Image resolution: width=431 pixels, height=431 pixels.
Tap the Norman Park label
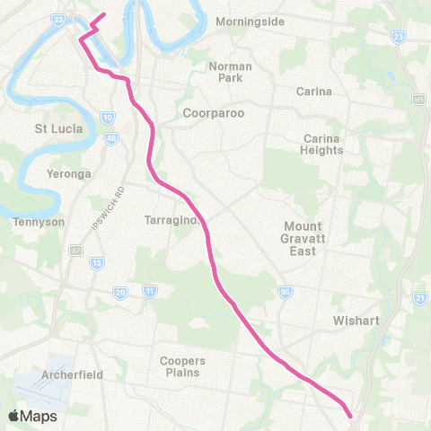coord(230,72)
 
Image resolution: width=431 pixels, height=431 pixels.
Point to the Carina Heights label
coord(322,144)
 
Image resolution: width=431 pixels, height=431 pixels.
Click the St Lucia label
coord(59,129)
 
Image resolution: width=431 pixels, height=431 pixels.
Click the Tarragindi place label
coord(172,220)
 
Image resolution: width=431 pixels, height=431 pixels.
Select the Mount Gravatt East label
coord(308,238)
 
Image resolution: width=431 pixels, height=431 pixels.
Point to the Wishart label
coord(356,320)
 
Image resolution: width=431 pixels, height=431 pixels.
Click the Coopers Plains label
coord(183,366)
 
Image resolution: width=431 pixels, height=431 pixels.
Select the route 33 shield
coord(58,17)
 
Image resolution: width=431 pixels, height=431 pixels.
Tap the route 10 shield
coord(107,117)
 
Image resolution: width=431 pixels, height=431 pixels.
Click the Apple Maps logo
coord(32,416)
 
